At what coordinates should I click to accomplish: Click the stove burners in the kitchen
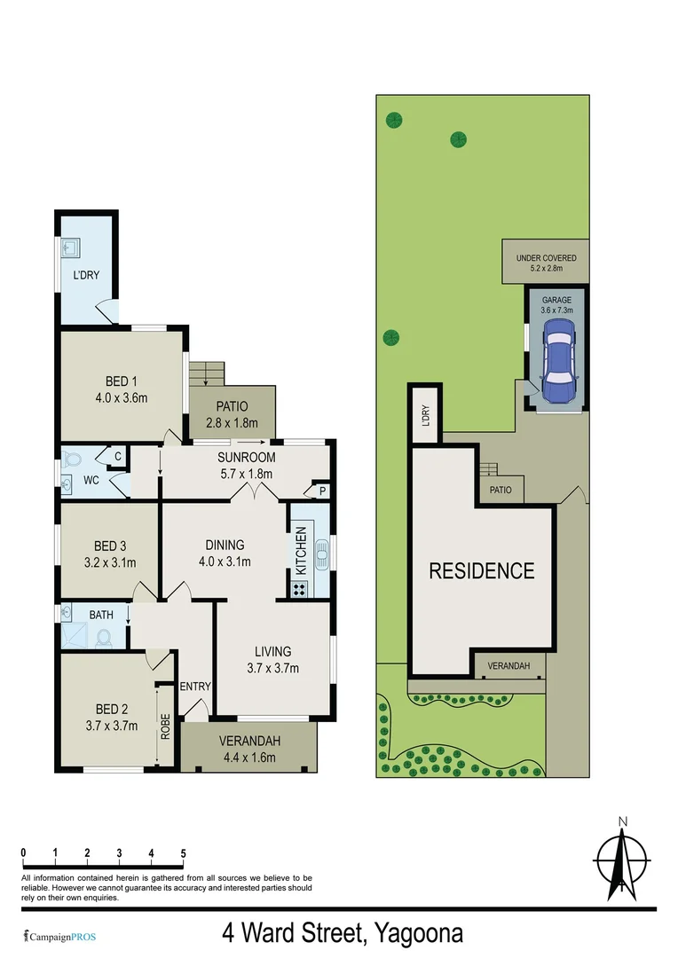click(x=299, y=587)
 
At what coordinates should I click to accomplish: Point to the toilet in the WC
click(x=75, y=460)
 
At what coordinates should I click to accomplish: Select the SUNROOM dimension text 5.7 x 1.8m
click(x=247, y=475)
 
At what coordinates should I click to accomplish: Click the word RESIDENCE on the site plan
click(x=482, y=570)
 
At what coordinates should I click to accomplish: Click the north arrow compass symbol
click(x=623, y=862)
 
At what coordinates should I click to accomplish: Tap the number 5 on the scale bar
click(x=183, y=853)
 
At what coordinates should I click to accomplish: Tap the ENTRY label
click(x=195, y=687)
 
